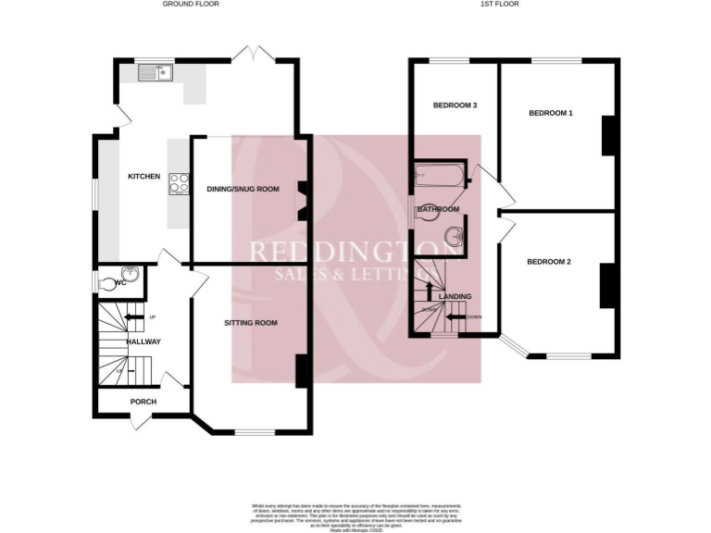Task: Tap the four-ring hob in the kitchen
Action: [x=177, y=184]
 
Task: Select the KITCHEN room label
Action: [x=143, y=177]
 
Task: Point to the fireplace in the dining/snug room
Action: [x=302, y=200]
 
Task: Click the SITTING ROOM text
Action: [x=251, y=323]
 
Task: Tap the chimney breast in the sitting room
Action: [x=303, y=371]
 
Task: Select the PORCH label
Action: [x=143, y=402]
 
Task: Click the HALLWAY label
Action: [x=144, y=341]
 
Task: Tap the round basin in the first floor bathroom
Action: [x=453, y=237]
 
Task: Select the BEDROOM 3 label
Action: [x=455, y=105]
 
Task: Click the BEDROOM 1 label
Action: [x=551, y=114]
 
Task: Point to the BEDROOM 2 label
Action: [x=549, y=262]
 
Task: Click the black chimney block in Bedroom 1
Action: [x=609, y=136]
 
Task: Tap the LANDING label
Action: [x=455, y=296]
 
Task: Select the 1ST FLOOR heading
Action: [x=499, y=5]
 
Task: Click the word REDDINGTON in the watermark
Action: [x=356, y=252]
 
